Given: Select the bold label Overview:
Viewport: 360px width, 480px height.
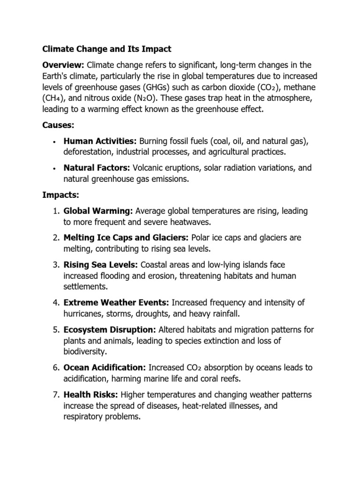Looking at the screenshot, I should (62, 64).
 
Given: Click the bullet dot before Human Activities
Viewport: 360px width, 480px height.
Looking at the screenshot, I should (55, 142).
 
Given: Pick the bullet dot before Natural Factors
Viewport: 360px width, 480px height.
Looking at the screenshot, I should (55, 168).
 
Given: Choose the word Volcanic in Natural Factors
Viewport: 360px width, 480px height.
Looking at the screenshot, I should (149, 168).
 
